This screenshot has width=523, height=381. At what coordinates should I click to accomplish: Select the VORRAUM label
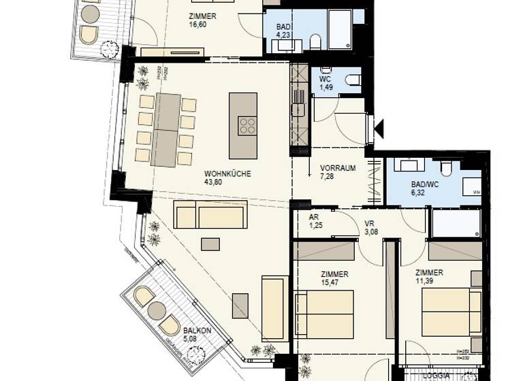[x=338, y=169]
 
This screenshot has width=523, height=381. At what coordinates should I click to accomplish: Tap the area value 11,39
[x=429, y=281]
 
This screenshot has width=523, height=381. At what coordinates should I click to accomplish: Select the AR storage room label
[x=314, y=217]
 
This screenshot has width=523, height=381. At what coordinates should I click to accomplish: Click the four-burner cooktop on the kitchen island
[x=247, y=127]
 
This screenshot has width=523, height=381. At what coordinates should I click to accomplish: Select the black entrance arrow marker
[x=379, y=127]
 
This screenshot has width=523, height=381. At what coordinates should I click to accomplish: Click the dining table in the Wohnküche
[x=167, y=129]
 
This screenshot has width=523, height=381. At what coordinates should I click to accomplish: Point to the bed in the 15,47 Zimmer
[x=326, y=313]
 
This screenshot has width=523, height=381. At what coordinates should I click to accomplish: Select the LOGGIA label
[x=436, y=376]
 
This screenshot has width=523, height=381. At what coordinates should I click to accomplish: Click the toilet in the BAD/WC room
[x=447, y=167]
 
